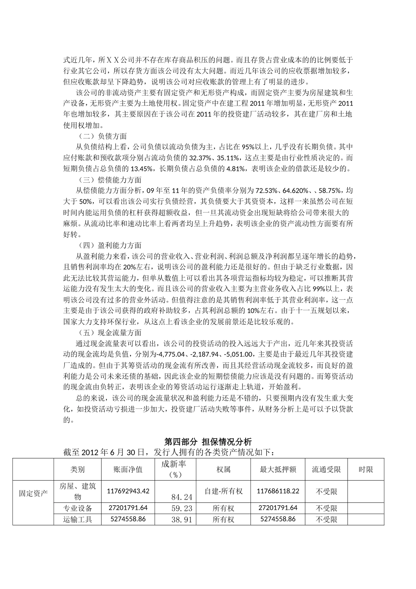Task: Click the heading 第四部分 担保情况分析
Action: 208,441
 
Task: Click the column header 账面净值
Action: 128,469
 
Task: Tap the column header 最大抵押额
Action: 278,469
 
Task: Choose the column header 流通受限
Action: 326,469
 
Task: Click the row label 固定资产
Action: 33,493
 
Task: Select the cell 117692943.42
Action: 128,491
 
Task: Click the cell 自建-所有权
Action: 223,491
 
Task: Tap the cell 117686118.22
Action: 278,491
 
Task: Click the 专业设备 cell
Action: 78,508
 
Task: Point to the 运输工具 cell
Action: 78,519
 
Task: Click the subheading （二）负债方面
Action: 102,136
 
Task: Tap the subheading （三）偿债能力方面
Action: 109,180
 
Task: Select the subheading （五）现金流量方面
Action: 109,333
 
